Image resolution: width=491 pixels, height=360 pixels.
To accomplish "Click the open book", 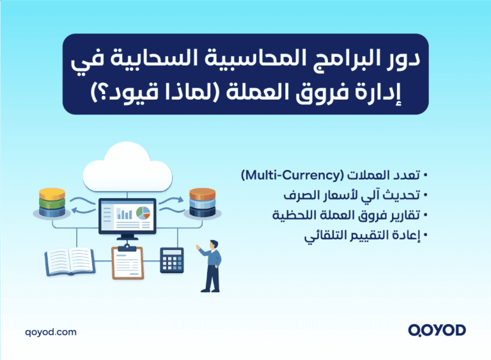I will coord(69,261).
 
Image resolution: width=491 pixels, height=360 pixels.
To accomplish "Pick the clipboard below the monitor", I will coord(127,263).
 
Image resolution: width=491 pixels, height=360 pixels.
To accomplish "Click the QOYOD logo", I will coord(437,331).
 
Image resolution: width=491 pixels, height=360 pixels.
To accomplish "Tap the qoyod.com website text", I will coord(51,332).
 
